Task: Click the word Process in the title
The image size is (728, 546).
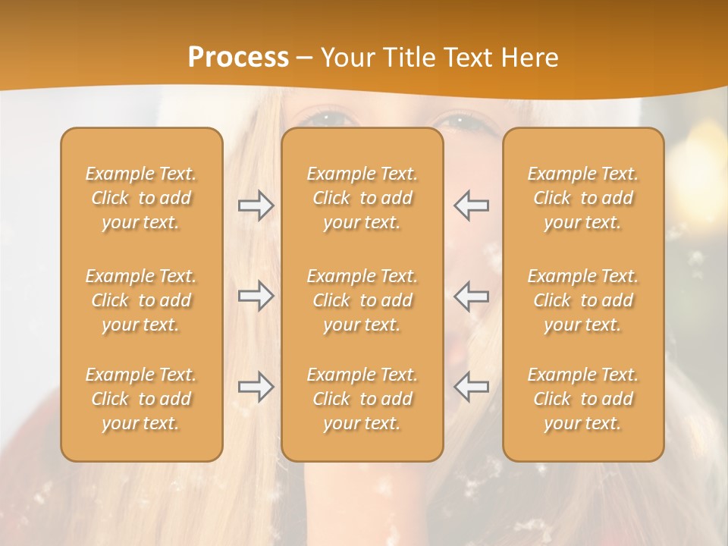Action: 238,58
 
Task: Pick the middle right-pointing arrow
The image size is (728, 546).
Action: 256,296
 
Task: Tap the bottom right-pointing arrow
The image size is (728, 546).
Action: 256,387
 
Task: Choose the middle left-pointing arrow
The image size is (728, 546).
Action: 471,296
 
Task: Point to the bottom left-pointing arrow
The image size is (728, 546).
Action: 471,387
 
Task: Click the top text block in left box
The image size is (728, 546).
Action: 141,198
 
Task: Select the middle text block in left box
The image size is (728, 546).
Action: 141,300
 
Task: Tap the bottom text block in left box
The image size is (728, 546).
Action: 141,399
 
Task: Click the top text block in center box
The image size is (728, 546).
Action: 362,198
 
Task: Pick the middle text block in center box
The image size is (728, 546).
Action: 362,300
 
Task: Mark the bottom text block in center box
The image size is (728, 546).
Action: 362,399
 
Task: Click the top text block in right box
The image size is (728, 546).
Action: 583,198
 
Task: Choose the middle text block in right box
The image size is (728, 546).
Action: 583,300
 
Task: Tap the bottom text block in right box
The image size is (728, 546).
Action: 583,399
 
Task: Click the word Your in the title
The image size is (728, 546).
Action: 347,58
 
